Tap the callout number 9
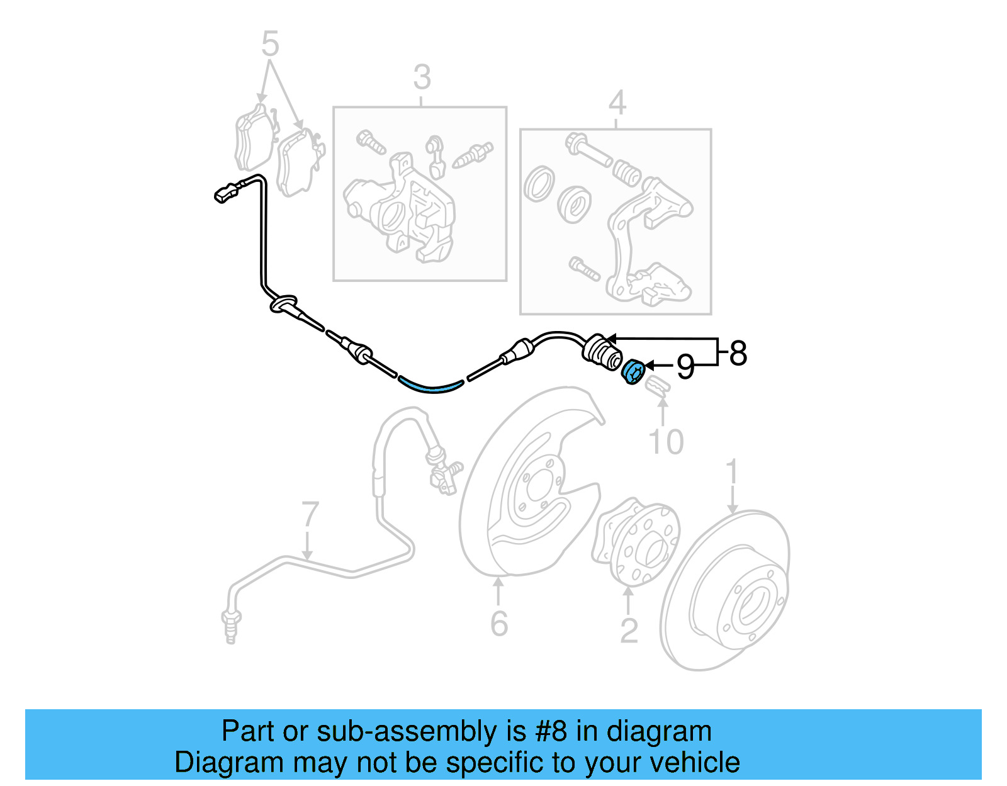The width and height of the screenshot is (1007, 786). tap(685, 366)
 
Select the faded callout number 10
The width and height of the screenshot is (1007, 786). tap(665, 442)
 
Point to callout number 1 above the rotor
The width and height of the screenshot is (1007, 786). tap(732, 473)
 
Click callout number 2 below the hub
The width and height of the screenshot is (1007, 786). tap(629, 631)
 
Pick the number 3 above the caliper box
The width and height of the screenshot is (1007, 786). tap(422, 78)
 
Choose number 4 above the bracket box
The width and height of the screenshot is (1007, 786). tap(617, 103)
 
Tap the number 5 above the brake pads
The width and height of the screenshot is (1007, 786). tap(269, 44)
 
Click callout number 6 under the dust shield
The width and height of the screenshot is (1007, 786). tap(499, 624)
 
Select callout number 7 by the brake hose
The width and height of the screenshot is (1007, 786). tap(310, 515)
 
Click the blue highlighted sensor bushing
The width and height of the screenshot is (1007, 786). tap(633, 372)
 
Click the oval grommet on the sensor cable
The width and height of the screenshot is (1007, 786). tap(283, 304)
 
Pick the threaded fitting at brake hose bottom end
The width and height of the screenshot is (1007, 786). tap(231, 626)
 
